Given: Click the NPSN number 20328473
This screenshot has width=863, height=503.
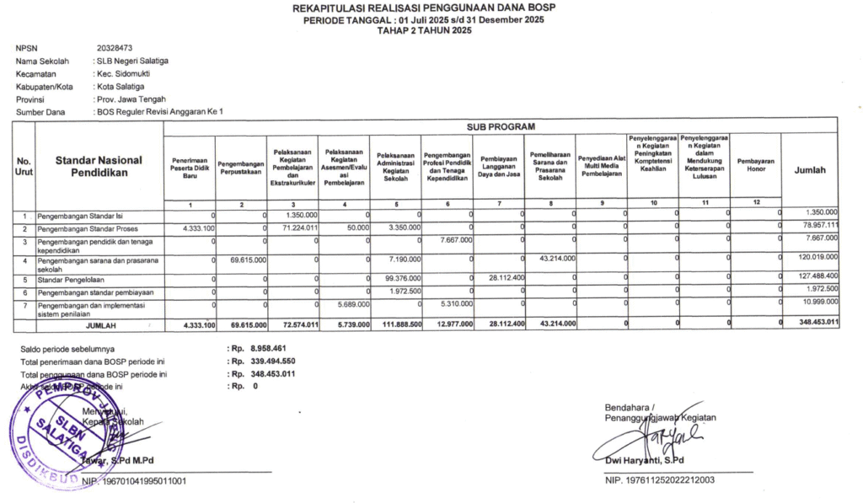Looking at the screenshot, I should pos(114,49).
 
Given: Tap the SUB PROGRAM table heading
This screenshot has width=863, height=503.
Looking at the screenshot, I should pos(501,126).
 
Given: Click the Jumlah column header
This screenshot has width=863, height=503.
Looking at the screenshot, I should pos(810,170).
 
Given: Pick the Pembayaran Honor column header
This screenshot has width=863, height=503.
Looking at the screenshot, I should pos(755,164).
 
